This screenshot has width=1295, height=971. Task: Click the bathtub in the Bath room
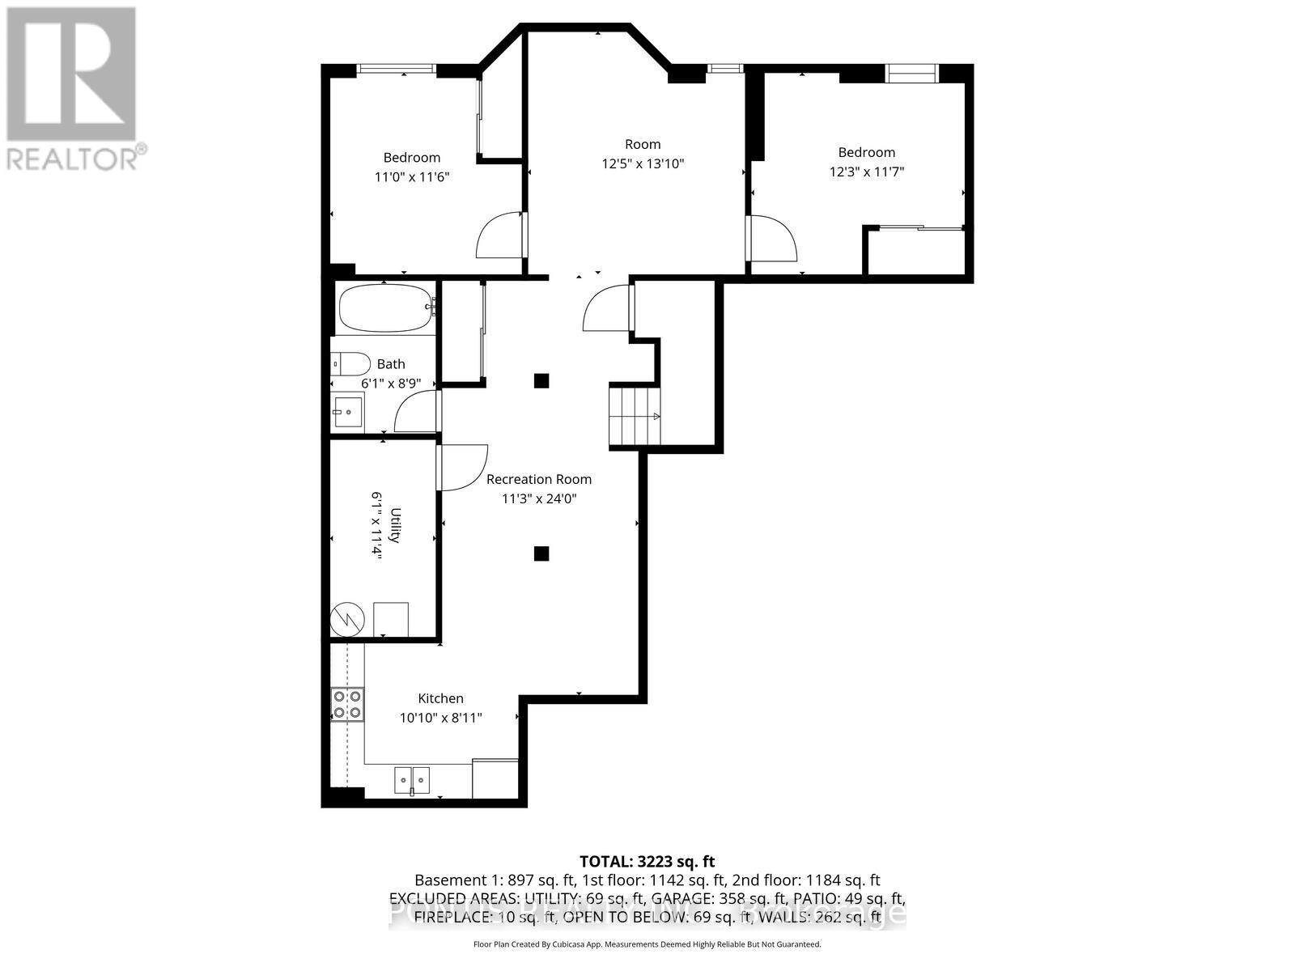point(386,308)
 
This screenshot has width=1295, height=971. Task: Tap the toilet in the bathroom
point(350,363)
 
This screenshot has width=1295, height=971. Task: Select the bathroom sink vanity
point(348,412)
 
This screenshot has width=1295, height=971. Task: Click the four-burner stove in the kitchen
point(347,704)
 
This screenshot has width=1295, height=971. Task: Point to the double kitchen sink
point(413,780)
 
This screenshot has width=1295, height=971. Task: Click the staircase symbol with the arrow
point(635,416)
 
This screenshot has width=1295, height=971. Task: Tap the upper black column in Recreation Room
point(541,380)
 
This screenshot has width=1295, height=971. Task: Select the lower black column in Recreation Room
point(541,553)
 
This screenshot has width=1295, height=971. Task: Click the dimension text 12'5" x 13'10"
point(643,163)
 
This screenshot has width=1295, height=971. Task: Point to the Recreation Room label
point(538,479)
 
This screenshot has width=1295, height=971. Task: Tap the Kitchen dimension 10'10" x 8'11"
point(440,717)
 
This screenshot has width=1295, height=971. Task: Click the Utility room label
point(396,525)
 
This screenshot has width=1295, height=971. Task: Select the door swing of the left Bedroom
point(499,235)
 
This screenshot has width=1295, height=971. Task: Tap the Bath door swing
point(416,413)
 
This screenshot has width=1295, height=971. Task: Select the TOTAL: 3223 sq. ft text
point(647,862)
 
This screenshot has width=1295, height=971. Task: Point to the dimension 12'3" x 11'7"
point(866,172)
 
